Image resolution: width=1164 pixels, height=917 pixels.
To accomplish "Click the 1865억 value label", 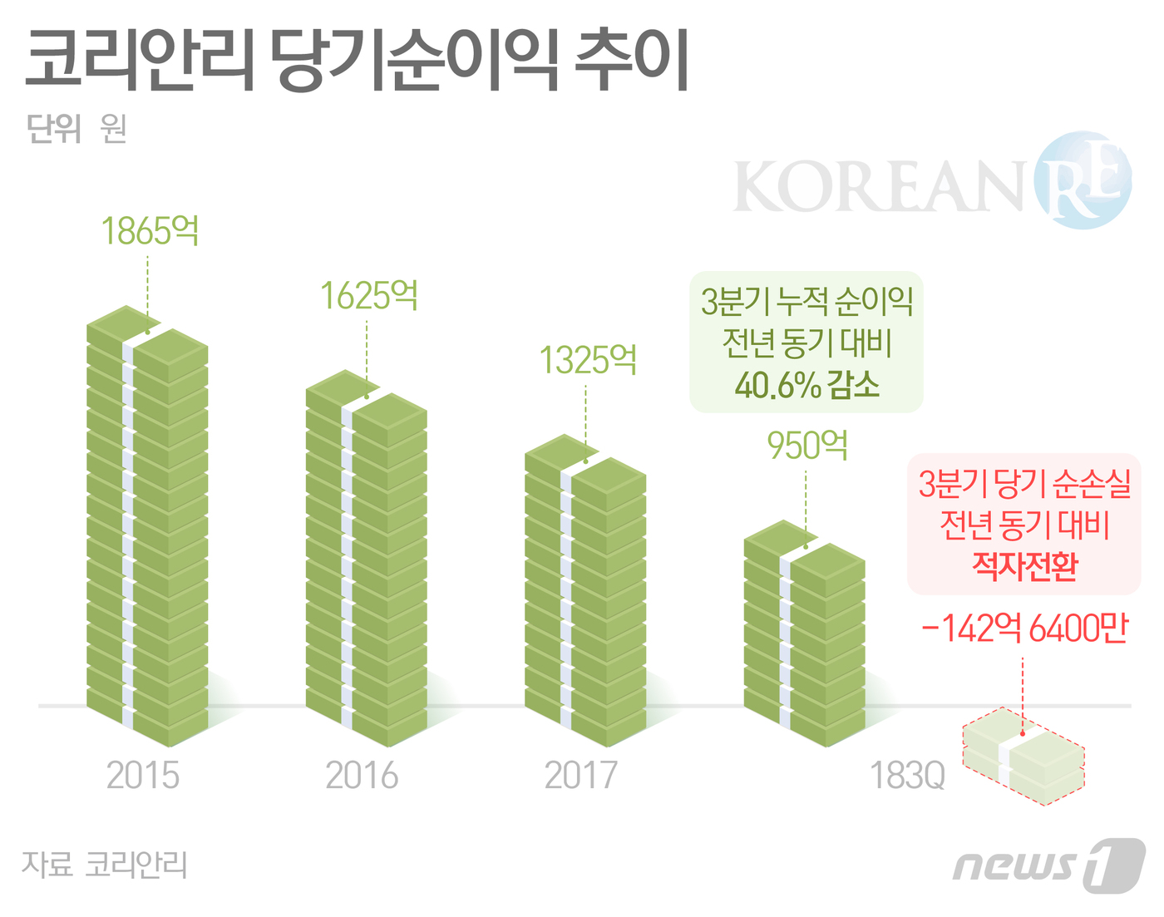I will tap(150, 231).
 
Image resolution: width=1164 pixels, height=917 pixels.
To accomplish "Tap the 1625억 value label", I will tap(369, 296).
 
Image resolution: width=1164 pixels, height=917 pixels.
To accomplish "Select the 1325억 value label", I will tap(588, 361).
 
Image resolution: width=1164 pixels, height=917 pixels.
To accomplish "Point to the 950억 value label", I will tap(807, 446).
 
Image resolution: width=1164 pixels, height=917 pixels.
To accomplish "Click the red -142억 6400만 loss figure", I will tap(1024, 629).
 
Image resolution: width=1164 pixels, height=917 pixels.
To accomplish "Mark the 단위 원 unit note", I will tap(76, 129).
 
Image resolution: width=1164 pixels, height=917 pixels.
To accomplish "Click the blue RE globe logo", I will tap(1083, 180).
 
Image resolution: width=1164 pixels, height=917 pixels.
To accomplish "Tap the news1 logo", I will tap(1049, 865).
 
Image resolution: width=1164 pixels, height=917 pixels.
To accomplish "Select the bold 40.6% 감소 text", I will tap(806, 385).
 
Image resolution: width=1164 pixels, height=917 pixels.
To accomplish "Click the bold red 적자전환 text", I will tap(1024, 566).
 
